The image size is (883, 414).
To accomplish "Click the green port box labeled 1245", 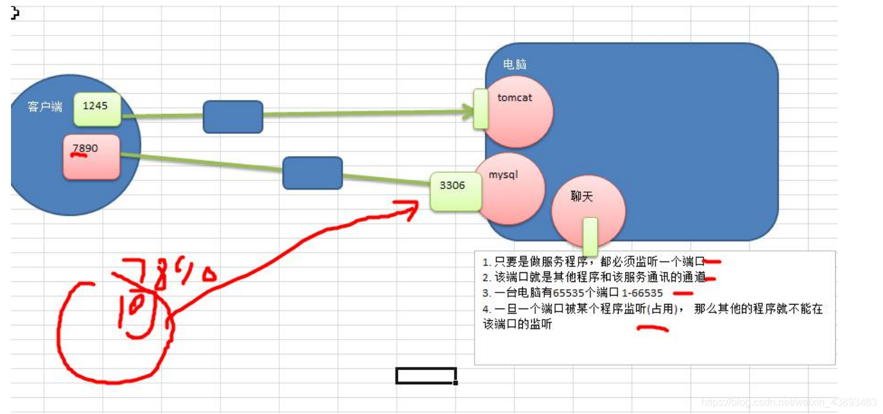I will pyautogui.click(x=97, y=109).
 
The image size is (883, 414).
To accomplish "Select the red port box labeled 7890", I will pyautogui.click(x=91, y=157).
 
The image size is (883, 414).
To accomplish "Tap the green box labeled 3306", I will pyautogui.click(x=456, y=191).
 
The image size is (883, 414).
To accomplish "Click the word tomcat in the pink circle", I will pyautogui.click(x=515, y=98).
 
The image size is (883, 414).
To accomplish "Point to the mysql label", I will pyautogui.click(x=503, y=175).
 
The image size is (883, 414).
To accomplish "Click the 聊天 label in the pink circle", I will pyautogui.click(x=582, y=197).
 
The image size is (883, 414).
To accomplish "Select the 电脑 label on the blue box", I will pyautogui.click(x=515, y=65).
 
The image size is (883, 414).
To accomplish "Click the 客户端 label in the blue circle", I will pyautogui.click(x=45, y=107).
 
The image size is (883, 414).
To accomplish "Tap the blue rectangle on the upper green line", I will pyautogui.click(x=233, y=117).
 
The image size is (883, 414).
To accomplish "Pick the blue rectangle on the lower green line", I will pyautogui.click(x=312, y=173).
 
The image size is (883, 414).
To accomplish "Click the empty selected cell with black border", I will pyautogui.click(x=426, y=375).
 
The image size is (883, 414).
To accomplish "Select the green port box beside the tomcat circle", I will pyautogui.click(x=481, y=108).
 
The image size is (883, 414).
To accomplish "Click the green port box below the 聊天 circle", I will pyautogui.click(x=590, y=236).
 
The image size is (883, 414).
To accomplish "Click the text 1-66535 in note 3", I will pyautogui.click(x=642, y=293).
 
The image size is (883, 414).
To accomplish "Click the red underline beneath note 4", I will pyautogui.click(x=652, y=329).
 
